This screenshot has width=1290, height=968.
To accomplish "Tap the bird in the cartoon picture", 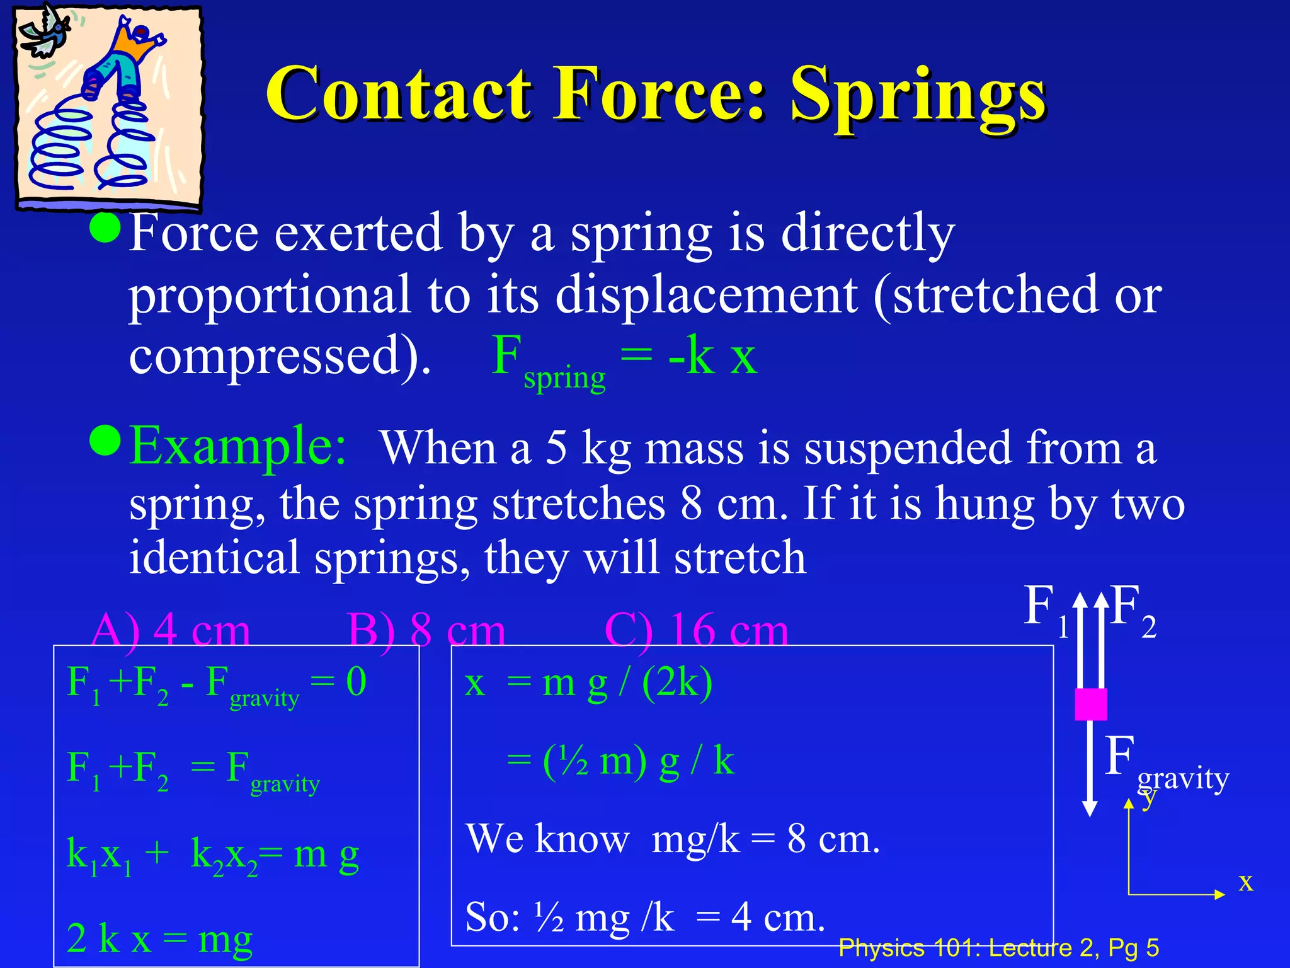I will point(44,35).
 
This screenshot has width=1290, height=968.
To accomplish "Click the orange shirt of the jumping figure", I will point(135,44).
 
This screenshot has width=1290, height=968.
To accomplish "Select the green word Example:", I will point(238,446).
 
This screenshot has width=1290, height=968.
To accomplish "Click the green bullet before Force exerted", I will point(105,228).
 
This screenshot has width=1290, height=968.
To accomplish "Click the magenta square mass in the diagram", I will point(1090,704).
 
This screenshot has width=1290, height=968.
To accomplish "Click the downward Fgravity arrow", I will point(1090,769).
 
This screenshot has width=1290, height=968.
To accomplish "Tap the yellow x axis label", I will point(1245,882).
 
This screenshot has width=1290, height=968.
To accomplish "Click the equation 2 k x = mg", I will point(159,938).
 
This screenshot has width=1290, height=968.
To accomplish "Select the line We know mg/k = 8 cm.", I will point(672,839).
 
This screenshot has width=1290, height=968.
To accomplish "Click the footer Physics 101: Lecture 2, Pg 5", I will point(998,947).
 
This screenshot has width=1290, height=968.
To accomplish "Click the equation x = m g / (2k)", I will point(588,683).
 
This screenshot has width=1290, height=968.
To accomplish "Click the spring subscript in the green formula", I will point(564,378).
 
